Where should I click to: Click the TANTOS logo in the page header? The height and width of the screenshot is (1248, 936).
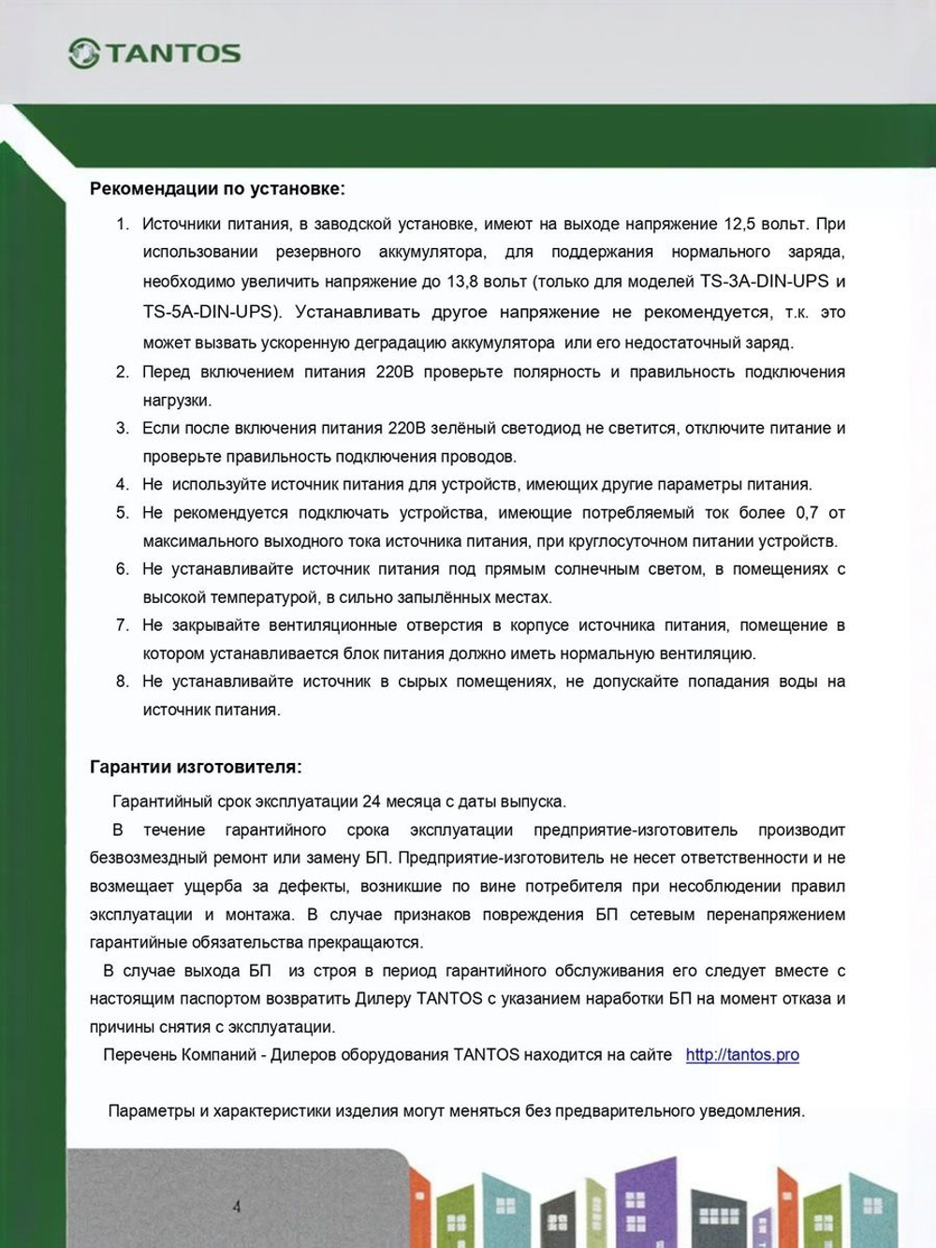pos(154,53)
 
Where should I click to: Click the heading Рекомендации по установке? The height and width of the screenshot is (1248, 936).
pos(217,189)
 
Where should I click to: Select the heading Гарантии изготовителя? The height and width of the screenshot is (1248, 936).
pos(196,768)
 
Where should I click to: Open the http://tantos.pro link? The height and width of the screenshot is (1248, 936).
pos(742,1055)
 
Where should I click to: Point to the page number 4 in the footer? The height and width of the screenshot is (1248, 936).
pos(236,1207)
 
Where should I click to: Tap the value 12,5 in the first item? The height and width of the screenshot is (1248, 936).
pos(739,225)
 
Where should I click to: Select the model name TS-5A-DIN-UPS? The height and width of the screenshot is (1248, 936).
pos(211,312)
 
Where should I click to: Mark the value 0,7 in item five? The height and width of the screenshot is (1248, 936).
pos(807,513)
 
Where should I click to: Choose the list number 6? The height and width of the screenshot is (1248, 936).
pos(123,569)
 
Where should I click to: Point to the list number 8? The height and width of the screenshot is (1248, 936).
pos(123,682)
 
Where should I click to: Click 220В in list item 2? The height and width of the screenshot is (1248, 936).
pos(394,373)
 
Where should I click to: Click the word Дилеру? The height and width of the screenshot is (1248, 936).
pos(383,999)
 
